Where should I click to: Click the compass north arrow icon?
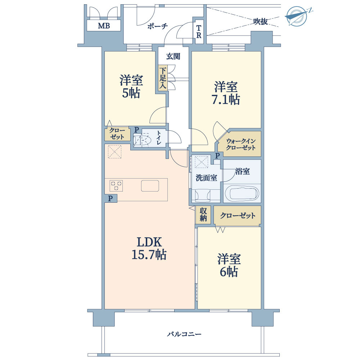298,16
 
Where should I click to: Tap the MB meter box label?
104,26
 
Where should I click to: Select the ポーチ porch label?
158,26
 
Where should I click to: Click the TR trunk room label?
199,32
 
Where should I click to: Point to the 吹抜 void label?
261,22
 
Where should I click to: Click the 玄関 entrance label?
173,56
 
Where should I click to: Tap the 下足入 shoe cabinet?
163,78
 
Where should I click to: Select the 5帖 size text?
131,93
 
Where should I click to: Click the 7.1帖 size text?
226,99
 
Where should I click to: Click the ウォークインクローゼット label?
240,144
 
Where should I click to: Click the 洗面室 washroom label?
206,178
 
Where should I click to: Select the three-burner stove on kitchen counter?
116,186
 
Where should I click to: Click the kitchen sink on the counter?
150,186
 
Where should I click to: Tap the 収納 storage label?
203,215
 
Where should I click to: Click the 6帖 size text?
229,272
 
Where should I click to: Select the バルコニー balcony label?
184,334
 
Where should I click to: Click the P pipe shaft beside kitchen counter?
111,198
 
